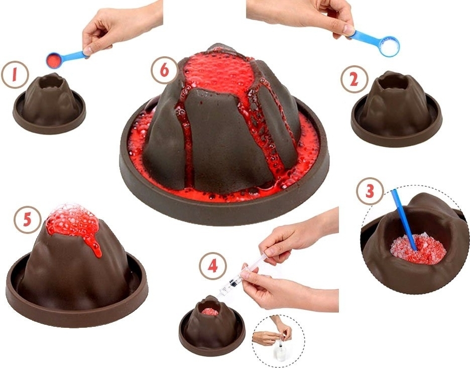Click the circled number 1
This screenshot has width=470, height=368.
15,75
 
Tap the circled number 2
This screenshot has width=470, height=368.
354,79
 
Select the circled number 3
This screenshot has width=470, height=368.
370,191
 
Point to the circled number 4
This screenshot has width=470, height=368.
213,266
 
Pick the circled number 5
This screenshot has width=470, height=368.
27,220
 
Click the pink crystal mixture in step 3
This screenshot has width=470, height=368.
418,249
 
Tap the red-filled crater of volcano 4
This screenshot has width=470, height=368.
209,311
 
